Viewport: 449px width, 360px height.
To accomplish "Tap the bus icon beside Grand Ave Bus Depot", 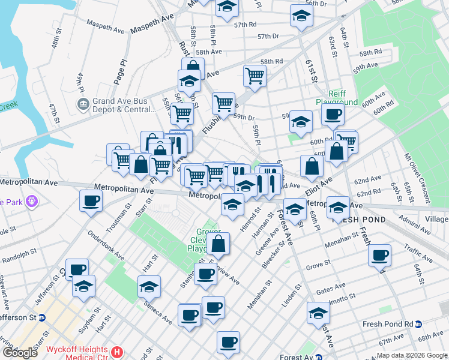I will point(83,105).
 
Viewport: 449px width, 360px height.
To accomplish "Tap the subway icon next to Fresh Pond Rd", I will point(419,324).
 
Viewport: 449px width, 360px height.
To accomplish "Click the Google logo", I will point(20,353).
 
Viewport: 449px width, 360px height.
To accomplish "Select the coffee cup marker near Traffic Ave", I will point(380,256).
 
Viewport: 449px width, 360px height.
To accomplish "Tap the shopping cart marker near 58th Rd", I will point(255,76).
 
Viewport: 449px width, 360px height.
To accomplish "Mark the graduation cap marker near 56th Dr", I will point(301,16).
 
